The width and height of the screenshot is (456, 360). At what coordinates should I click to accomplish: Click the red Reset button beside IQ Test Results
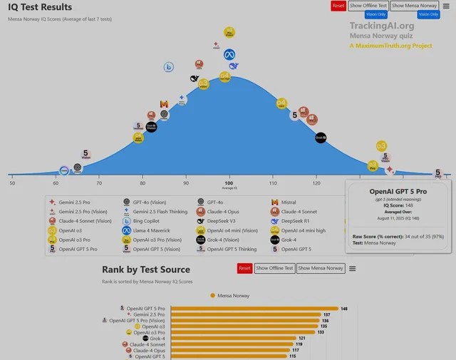(x=338, y=6)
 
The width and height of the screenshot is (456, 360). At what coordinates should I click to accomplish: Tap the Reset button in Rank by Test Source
(x=244, y=268)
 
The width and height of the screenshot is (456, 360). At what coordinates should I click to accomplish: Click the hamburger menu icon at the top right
(x=446, y=6)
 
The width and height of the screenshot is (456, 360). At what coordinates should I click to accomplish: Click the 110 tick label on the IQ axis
(x=273, y=183)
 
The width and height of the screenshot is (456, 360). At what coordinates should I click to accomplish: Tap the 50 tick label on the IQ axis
(x=12, y=183)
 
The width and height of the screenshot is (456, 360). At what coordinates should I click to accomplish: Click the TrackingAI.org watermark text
(x=381, y=26)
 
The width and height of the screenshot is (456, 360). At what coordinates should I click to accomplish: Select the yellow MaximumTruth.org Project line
(x=390, y=46)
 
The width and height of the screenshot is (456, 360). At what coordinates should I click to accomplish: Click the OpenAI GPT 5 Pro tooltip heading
(x=398, y=192)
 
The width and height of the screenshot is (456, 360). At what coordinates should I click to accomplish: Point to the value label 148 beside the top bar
(x=344, y=309)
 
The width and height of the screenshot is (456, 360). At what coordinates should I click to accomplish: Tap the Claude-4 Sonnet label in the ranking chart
(x=147, y=344)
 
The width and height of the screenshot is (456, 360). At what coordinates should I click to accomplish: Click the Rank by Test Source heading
(x=146, y=269)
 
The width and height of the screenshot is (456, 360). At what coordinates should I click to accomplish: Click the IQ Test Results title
(x=40, y=7)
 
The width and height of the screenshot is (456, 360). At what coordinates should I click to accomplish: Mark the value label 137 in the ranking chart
(x=327, y=314)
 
